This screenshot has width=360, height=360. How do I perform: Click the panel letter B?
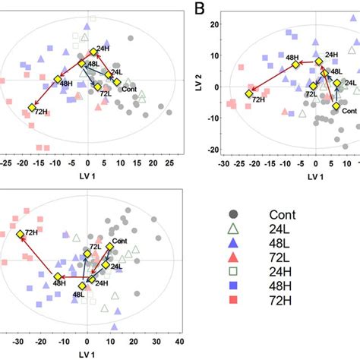point(201,9)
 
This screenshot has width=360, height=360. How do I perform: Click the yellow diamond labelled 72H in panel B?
point(248,93)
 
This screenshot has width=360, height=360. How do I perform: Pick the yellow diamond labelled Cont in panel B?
point(336,106)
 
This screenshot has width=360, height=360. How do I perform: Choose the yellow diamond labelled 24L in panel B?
point(338,82)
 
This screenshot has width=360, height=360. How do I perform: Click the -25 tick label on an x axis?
point(7,162)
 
